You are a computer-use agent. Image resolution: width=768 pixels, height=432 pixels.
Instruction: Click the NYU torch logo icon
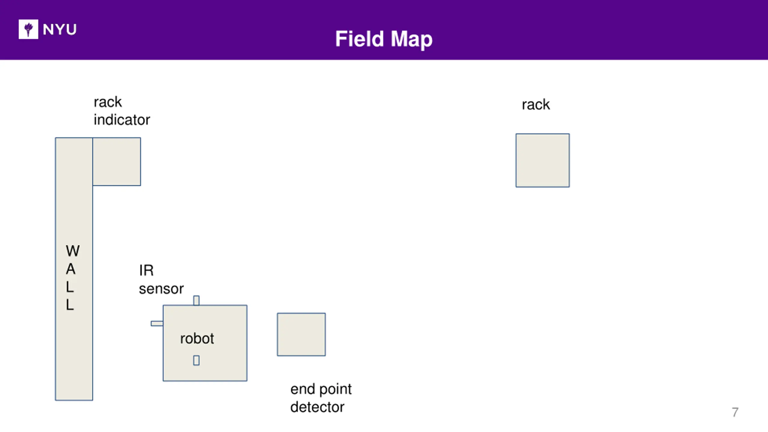tap(28, 29)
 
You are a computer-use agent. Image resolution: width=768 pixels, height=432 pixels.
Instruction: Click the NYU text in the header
tap(60, 29)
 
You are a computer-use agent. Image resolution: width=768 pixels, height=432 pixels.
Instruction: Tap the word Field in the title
tap(359, 39)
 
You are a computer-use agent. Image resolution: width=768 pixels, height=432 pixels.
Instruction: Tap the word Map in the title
tap(412, 40)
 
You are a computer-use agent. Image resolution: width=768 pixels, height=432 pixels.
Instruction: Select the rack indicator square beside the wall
tap(117, 161)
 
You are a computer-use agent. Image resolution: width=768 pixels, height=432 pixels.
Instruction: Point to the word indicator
tap(122, 120)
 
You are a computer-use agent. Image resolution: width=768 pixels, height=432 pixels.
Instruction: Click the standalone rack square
tap(543, 160)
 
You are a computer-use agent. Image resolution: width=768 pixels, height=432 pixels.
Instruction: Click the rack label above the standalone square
tap(536, 105)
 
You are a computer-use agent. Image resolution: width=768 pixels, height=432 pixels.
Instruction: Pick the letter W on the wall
tap(73, 251)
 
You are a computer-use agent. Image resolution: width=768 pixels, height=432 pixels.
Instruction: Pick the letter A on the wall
tap(71, 269)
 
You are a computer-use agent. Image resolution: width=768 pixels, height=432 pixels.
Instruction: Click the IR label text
tap(146, 270)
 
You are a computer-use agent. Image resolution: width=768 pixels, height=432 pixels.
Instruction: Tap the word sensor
tap(161, 289)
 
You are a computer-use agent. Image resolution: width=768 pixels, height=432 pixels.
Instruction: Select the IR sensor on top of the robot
tap(196, 300)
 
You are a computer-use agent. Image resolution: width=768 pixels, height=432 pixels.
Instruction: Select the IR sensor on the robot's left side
tap(157, 323)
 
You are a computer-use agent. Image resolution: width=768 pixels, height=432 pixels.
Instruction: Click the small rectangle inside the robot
tap(196, 360)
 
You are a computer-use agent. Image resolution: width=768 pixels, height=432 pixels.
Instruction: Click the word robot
tap(197, 339)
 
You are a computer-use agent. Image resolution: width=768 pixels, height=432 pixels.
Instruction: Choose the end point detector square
tap(301, 334)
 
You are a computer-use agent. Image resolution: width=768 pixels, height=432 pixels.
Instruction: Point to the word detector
tap(317, 407)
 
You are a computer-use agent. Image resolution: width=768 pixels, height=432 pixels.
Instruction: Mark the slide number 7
tap(735, 412)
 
